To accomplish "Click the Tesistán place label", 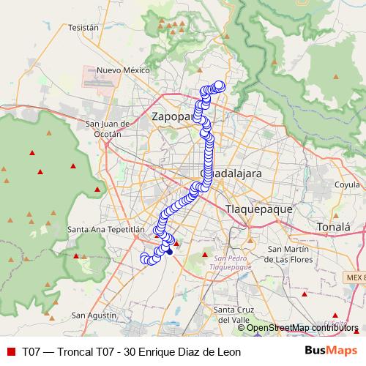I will click(x=83, y=27).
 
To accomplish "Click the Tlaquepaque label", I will click(x=258, y=209).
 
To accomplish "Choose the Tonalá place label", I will click(x=334, y=228).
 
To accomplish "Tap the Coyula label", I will click(x=347, y=185).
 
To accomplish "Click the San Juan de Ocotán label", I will click(x=108, y=129).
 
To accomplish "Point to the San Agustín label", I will click(x=94, y=315).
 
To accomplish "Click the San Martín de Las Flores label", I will click(x=288, y=254).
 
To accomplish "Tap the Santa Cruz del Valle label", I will click(x=233, y=314).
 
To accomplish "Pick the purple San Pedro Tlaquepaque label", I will click(x=232, y=262).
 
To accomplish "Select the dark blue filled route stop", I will click(x=170, y=251).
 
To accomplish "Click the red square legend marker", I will click(x=10, y=351).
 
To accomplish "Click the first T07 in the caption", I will click(x=31, y=351).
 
